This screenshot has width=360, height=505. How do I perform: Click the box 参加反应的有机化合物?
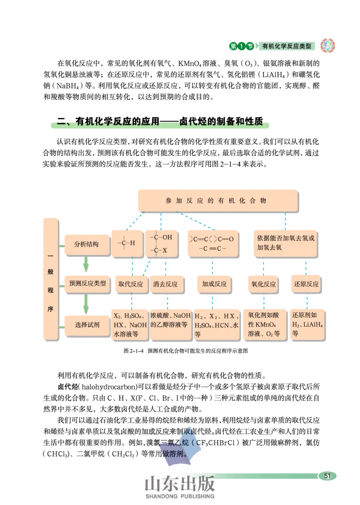217,200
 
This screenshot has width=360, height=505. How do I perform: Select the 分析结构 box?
86,245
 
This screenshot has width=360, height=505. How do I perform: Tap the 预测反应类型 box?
87,284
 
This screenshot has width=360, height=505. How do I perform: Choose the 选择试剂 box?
87,324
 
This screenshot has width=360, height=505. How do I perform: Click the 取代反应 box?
130,284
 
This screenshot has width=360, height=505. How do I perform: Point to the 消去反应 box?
165,284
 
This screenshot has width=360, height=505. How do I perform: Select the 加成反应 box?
214,284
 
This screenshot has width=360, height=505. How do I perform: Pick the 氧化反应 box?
263,284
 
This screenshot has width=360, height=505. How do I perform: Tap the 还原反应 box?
306,284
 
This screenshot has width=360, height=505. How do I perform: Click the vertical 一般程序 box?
50,278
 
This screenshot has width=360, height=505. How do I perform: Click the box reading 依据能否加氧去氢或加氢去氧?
286,243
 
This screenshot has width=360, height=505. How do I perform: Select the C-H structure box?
127,243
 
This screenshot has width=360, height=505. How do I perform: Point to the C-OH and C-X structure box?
161,243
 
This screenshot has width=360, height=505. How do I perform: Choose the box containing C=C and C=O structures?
212,243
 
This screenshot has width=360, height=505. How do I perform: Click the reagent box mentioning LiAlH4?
308,325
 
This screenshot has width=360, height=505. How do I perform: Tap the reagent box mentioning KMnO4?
264,325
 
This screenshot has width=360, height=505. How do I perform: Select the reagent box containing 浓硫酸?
170,325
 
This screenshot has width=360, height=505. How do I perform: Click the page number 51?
327,476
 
